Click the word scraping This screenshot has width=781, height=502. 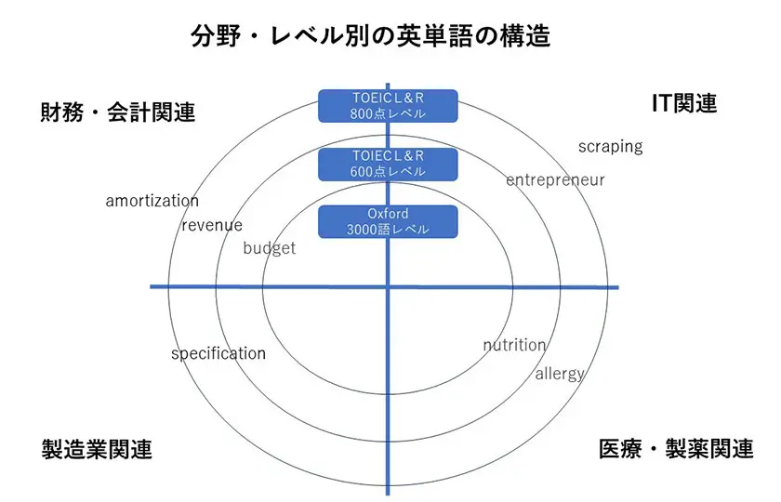(610, 146)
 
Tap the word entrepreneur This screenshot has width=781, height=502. (555, 179)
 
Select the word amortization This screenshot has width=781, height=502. (152, 201)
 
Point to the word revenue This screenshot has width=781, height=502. (212, 225)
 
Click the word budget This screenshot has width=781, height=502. (269, 248)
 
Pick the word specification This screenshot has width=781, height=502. (218, 353)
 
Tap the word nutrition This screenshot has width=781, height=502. (514, 345)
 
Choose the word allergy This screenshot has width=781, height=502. (560, 374)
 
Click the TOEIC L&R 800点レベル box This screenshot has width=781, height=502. (388, 106)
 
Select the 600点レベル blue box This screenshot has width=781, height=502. (388, 164)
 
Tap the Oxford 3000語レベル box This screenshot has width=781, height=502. (388, 222)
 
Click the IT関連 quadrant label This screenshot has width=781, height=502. (683, 103)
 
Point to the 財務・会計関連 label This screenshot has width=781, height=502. (118, 112)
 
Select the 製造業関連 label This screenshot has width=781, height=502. (97, 449)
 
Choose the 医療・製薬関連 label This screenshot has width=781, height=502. (676, 449)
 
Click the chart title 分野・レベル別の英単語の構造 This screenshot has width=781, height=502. (370, 36)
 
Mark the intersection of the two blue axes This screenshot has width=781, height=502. (387, 286)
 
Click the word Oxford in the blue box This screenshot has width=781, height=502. (388, 214)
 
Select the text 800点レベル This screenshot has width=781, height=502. (388, 114)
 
